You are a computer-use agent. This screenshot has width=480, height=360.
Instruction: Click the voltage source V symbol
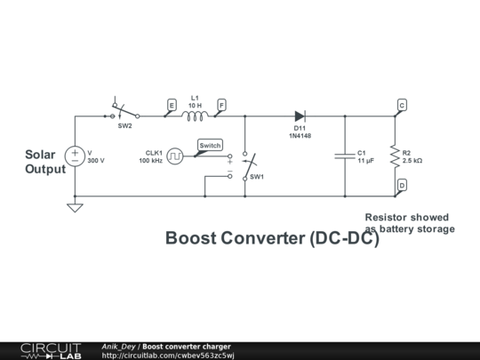coord(75,156)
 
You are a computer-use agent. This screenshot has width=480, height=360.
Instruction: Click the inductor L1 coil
coord(195,115)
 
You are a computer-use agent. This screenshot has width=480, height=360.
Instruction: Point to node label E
coord(172,105)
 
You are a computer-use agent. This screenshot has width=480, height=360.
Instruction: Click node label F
coord(220,105)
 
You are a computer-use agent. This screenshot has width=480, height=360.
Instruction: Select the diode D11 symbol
coord(300,116)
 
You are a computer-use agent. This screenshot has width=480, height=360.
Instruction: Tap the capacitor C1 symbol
coord(345,156)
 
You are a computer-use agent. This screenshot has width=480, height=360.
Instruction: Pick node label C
coord(402,105)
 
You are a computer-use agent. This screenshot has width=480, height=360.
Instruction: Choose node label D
coord(402,185)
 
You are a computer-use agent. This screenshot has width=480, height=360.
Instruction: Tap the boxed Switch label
coord(210,145)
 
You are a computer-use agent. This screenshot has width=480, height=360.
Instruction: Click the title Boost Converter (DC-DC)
coord(272,239)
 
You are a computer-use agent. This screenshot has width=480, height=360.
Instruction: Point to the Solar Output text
coord(45,162)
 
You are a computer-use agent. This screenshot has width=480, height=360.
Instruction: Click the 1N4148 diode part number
coord(300,136)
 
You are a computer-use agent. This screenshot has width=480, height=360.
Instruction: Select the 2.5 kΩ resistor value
coord(412,161)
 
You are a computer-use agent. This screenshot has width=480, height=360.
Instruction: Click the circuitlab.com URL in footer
coord(168,356)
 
